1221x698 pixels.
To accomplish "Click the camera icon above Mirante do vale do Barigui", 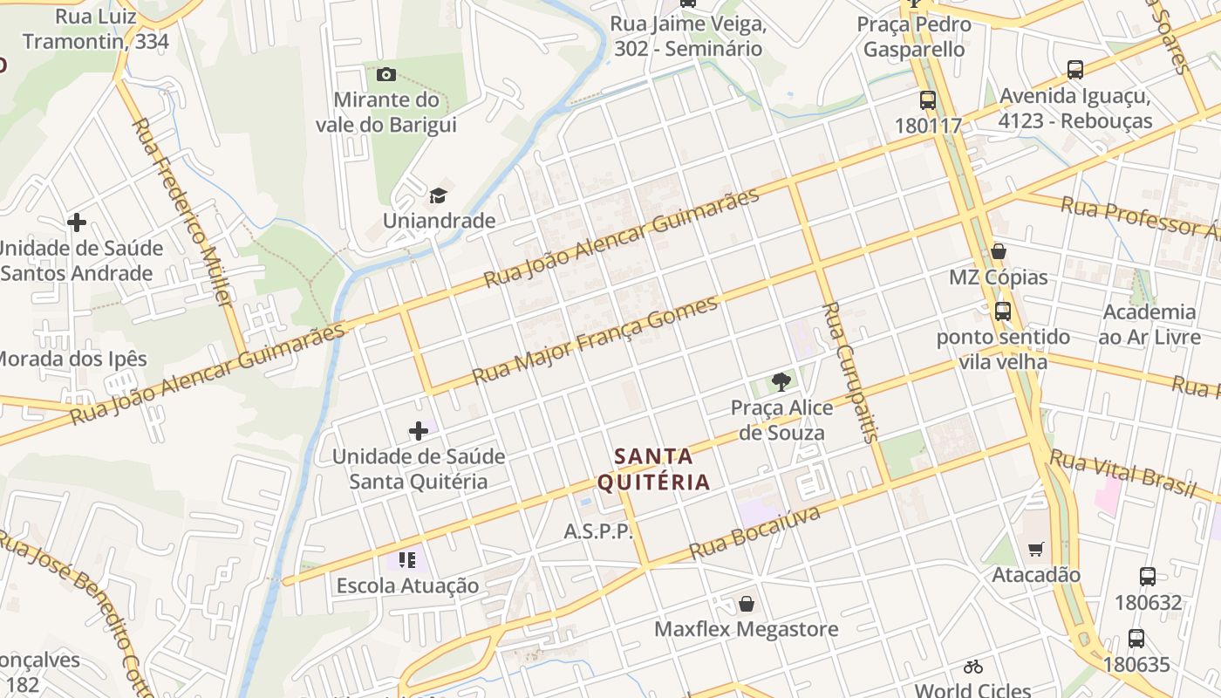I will [x=385, y=75].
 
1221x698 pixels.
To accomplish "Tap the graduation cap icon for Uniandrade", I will [x=438, y=195].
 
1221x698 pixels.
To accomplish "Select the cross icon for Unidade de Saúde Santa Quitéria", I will [x=419, y=431].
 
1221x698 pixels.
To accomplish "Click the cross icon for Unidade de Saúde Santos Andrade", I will [x=77, y=222].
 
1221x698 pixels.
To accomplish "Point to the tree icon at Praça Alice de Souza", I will [x=781, y=381].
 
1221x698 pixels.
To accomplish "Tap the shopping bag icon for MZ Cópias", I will [x=999, y=252].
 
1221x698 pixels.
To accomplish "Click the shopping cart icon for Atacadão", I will [x=1035, y=549].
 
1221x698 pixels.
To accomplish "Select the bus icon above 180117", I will [x=927, y=100].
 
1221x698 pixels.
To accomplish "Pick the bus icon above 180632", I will [x=1148, y=577].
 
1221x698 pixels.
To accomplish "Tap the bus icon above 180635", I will [x=1136, y=639].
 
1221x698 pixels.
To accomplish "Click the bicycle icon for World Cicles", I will [x=973, y=667].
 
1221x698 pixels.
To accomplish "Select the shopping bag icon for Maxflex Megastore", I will [x=747, y=604].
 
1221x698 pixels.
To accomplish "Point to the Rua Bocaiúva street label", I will [x=754, y=533].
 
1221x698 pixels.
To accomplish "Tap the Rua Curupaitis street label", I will [x=850, y=373].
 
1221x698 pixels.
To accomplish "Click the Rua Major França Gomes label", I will [x=596, y=340].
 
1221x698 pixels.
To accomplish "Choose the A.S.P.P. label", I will [x=598, y=531].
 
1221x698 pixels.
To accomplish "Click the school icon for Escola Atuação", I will [x=406, y=559].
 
